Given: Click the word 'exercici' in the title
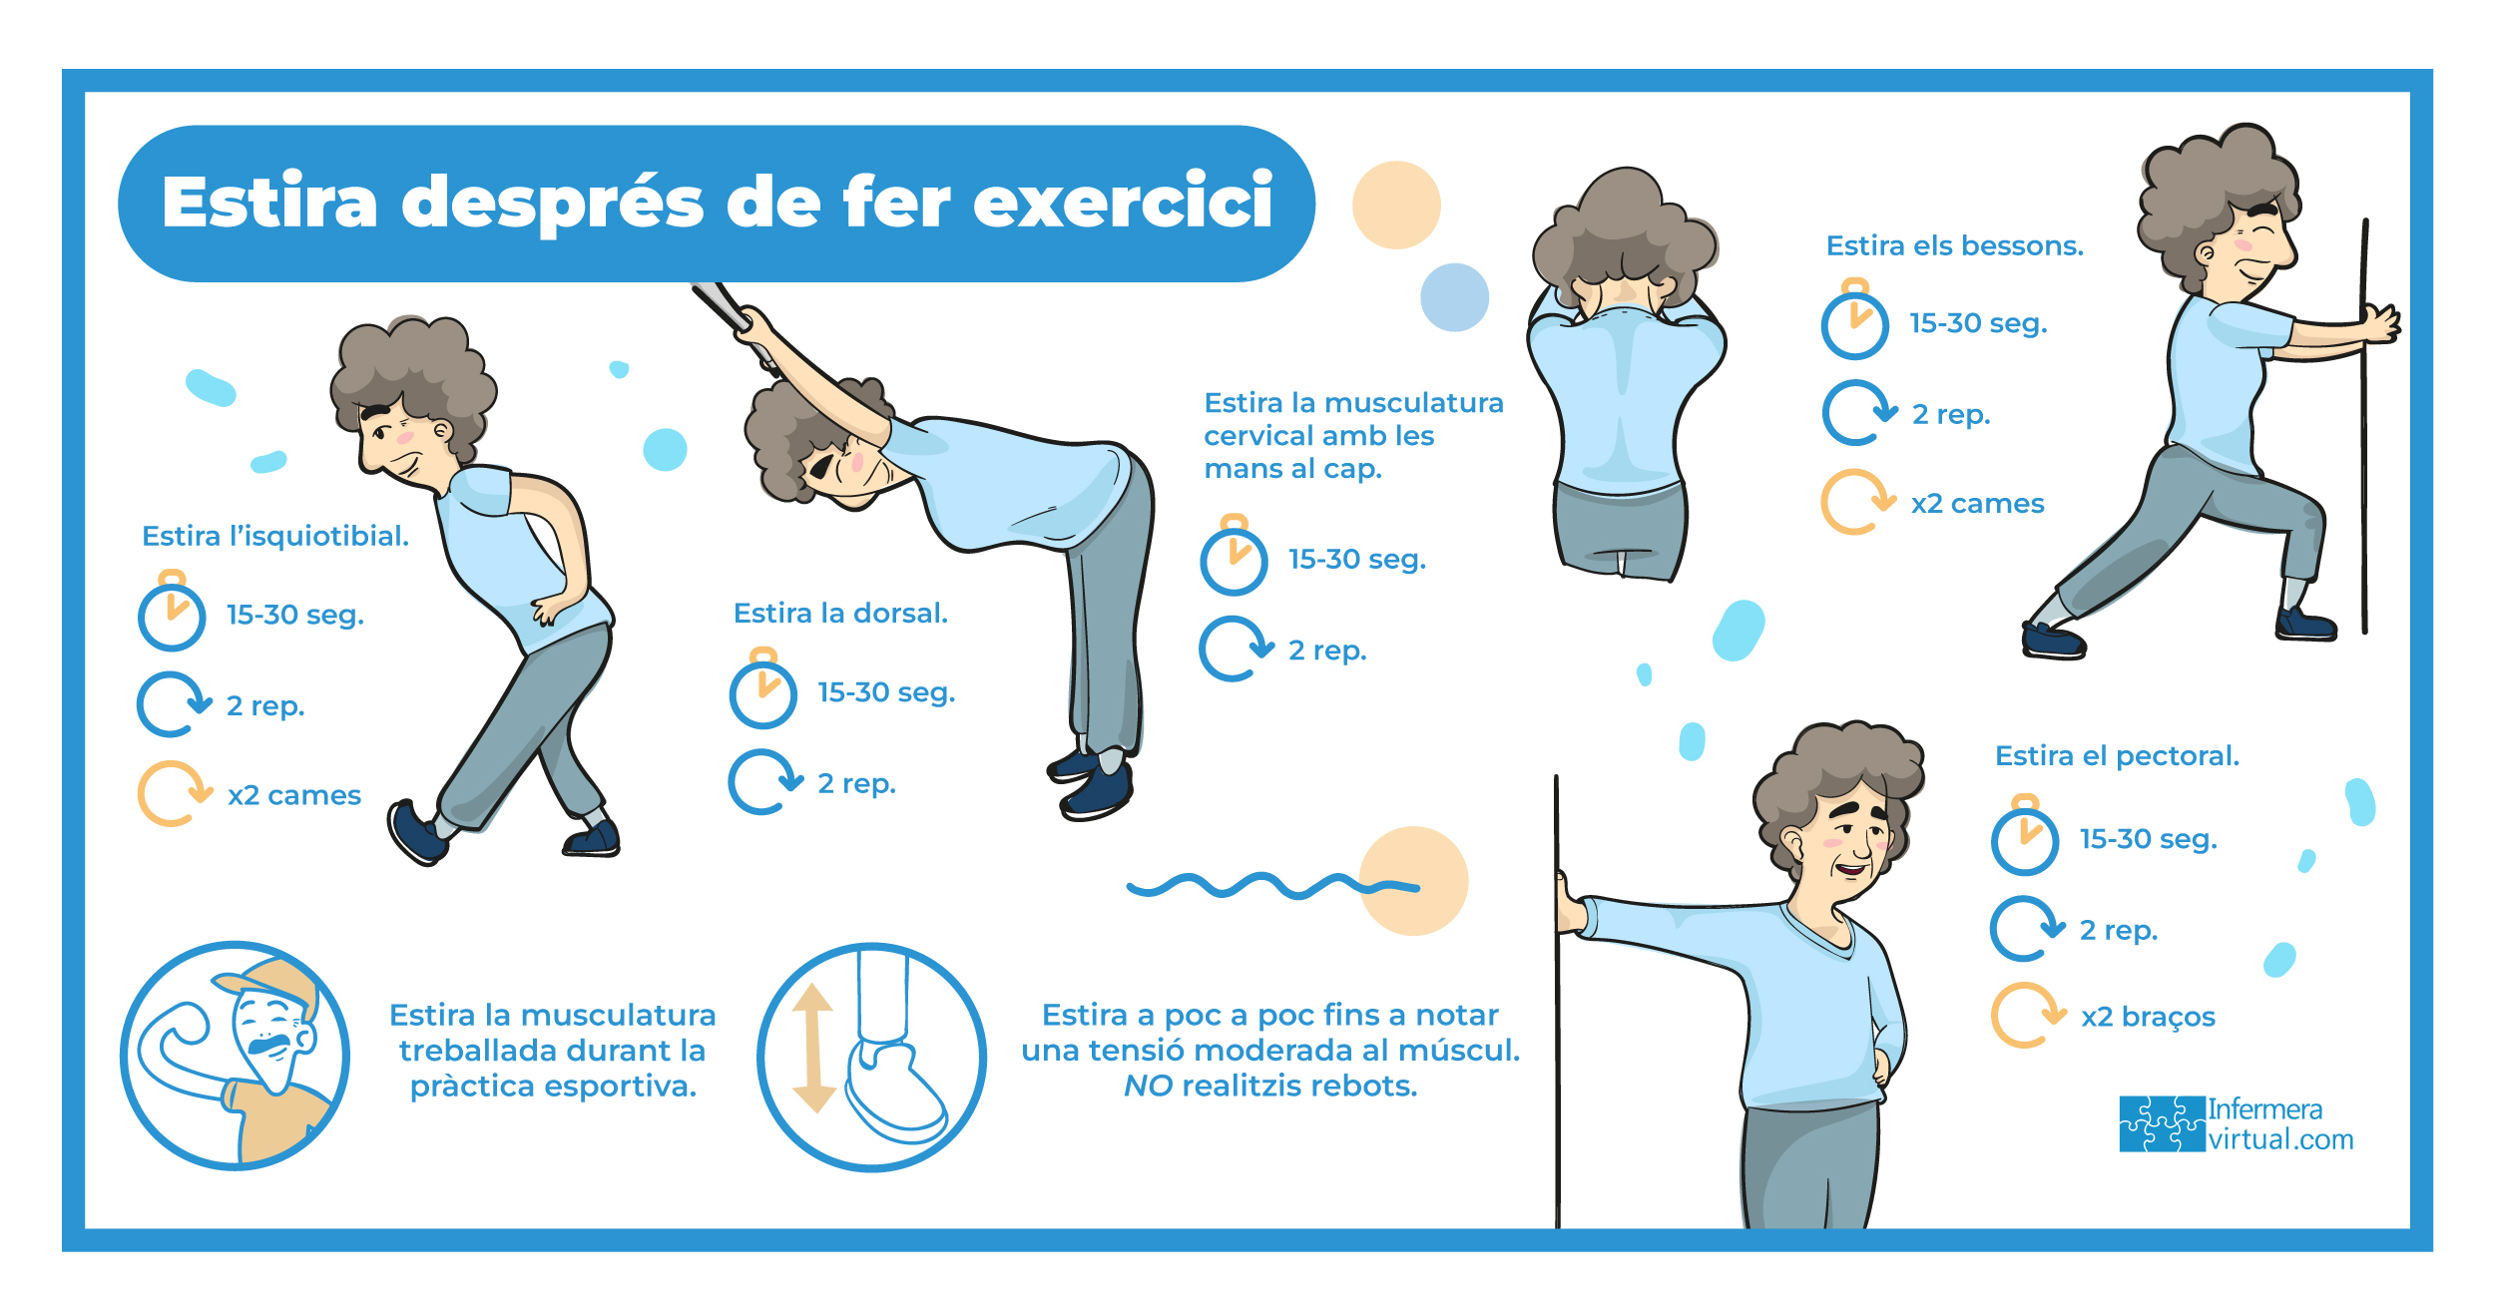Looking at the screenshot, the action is (x=1123, y=202).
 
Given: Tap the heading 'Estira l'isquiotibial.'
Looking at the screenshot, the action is (x=275, y=536).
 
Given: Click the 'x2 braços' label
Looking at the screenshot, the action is (x=2148, y=1017).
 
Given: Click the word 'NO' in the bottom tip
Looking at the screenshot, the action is (x=1148, y=1086).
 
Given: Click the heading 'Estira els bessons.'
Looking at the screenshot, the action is (x=1955, y=245).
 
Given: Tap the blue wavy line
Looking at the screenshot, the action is (x=1272, y=885).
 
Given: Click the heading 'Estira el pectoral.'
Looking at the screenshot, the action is (x=2117, y=755).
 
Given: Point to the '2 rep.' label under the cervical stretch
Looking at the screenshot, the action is (x=1327, y=651).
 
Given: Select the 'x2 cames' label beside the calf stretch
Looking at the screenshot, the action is (x=1978, y=503).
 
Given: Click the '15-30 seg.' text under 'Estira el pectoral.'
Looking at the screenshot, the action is (x=2149, y=839).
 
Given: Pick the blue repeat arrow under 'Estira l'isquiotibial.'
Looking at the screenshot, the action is (x=174, y=704).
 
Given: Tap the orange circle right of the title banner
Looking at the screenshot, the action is (x=1396, y=205).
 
